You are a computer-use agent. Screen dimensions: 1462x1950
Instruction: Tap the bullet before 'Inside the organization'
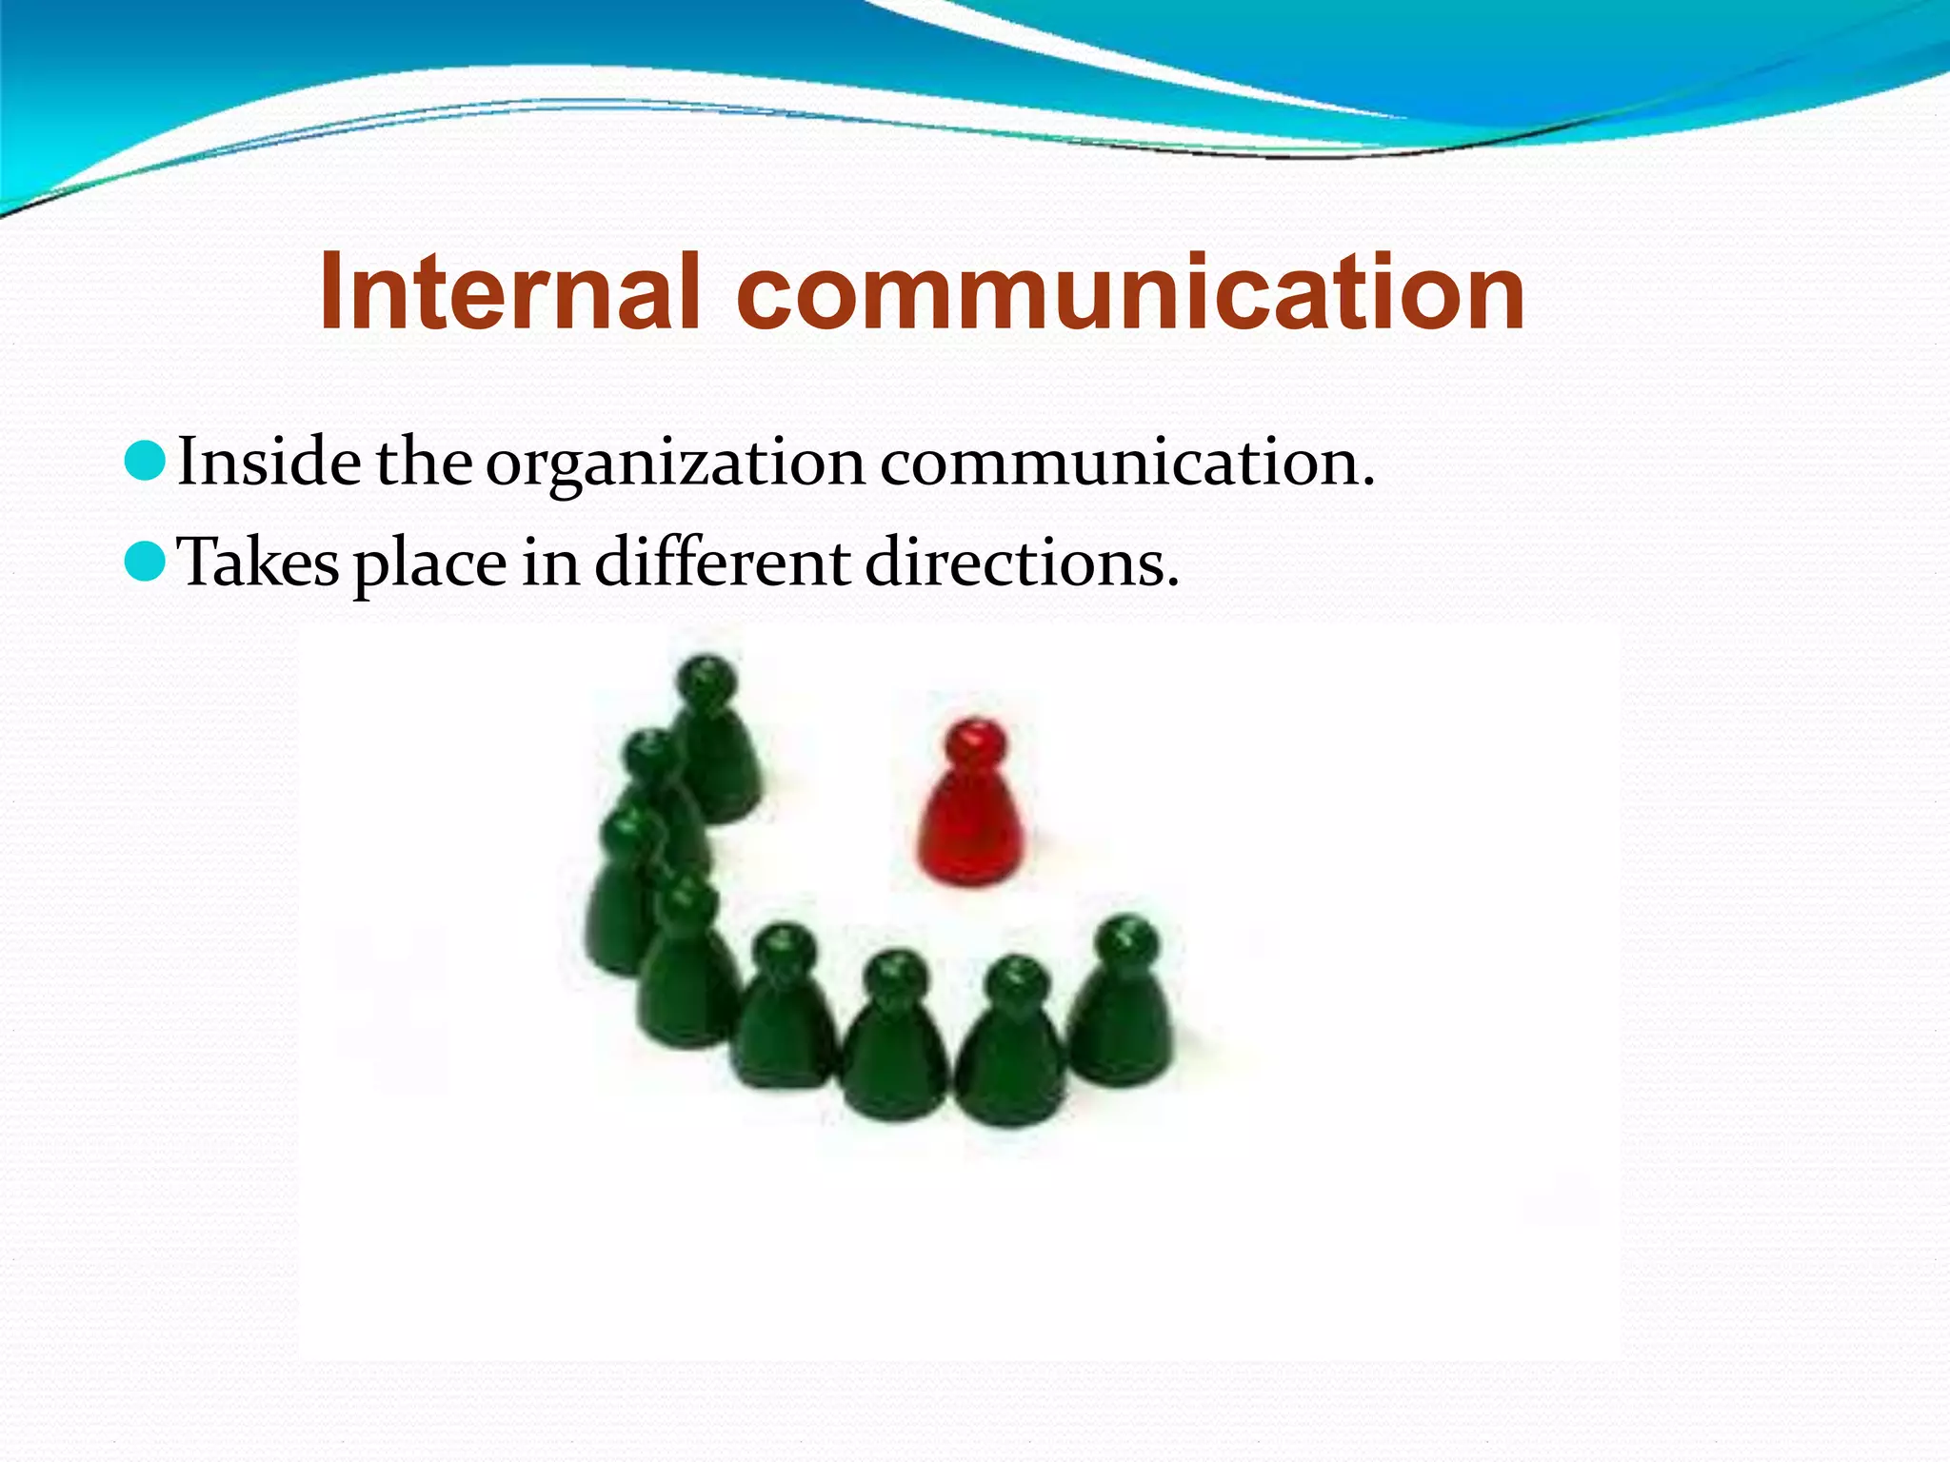(x=145, y=463)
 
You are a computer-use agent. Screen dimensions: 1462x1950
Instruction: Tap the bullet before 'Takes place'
(x=145, y=563)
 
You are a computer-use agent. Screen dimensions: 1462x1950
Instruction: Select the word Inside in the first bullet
(x=269, y=463)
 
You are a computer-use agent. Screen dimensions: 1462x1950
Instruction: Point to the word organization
(x=676, y=466)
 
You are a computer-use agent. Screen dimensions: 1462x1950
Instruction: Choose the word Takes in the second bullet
(x=259, y=563)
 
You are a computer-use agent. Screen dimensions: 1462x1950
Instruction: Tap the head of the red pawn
(x=975, y=742)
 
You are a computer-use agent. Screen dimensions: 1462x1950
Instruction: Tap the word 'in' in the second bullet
(x=550, y=562)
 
